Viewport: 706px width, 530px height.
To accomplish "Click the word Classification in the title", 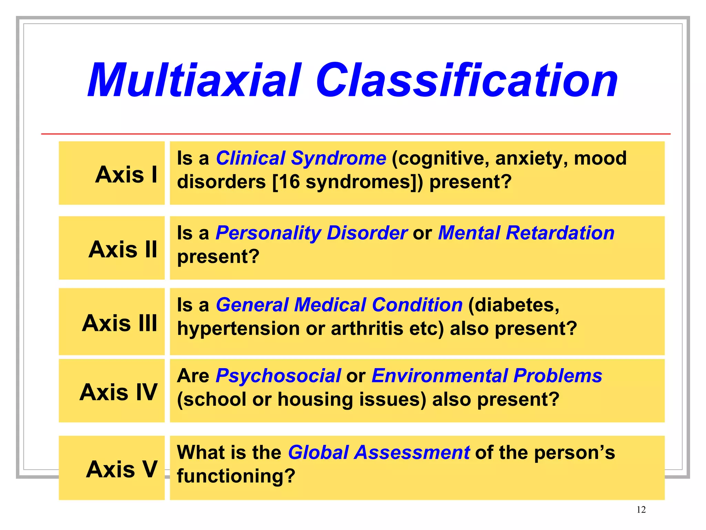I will pos(467,81).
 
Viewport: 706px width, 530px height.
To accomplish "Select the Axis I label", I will pos(126,174).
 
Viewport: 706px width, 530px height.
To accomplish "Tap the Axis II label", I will pos(123,249).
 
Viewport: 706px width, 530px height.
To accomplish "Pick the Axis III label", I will pos(120,323).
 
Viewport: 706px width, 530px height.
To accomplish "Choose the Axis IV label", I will pos(118,392).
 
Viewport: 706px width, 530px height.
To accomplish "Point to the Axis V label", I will pos(122,469).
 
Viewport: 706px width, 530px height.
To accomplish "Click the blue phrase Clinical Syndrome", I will pos(301,158).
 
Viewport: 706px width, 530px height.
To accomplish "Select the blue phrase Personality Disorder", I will pos(312,233).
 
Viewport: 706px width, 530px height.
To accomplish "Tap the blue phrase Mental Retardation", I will pos(526,233).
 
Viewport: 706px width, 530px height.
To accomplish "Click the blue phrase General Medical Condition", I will pos(339,305).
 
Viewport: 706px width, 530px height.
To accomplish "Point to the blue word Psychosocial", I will pos(278,376).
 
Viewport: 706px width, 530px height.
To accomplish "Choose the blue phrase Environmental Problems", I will pos(487,376).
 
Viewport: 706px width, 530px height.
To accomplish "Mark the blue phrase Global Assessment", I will pos(379,452).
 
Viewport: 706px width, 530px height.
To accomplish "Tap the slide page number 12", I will pos(641,510).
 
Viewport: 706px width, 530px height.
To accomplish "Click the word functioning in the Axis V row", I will pos(236,476).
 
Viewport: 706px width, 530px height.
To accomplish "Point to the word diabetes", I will pos(514,305).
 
